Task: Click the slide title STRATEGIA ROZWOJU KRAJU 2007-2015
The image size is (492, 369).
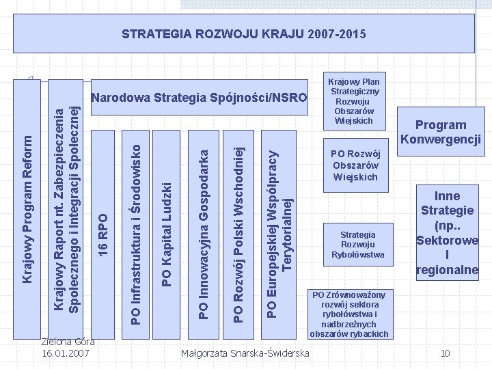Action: click(243, 33)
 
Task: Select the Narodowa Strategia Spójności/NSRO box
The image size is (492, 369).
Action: click(199, 98)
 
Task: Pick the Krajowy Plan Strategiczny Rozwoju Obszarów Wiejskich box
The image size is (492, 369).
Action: click(355, 99)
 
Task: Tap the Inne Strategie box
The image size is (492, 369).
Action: click(448, 233)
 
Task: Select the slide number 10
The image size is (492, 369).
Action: click(445, 353)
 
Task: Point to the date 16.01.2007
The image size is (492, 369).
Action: click(68, 353)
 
